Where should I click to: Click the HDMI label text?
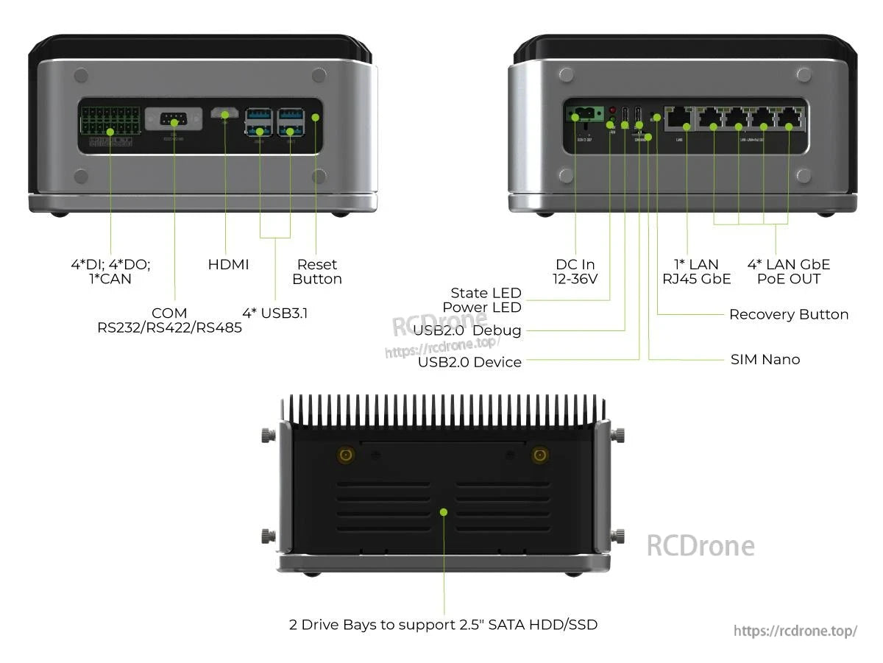228,264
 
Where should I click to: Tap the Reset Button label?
317,272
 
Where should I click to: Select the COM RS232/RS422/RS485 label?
169,320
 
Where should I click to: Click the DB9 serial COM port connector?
174,119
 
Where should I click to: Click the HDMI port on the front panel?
224,114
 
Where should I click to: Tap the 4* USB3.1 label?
275,313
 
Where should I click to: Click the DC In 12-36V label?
575,272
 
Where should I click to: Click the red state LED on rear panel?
612,110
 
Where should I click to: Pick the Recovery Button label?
788,314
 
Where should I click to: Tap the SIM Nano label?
765,359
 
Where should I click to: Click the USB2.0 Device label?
469,362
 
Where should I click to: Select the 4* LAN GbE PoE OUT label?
788,272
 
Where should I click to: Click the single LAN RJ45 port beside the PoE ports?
678,118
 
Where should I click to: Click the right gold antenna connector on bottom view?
540,456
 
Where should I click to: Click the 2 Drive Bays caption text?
443,625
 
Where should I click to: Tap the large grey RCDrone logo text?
700,546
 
